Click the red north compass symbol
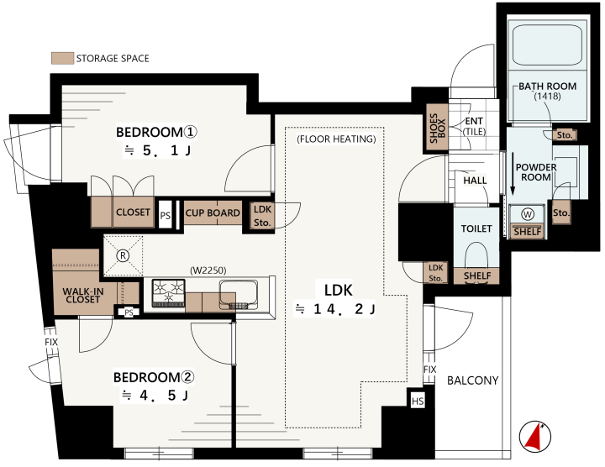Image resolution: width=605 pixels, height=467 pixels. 534,437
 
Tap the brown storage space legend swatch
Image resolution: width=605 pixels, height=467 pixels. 62,58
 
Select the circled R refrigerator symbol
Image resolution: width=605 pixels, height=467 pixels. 123,255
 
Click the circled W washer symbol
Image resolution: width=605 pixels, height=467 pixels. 528,214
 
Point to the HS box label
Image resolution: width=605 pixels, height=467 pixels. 418,401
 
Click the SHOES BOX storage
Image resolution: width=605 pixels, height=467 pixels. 437,128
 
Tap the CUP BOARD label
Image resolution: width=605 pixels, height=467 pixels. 213,213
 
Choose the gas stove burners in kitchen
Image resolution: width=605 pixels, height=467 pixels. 169,293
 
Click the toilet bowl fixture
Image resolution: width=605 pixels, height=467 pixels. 476,257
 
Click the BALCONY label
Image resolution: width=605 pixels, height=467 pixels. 472,380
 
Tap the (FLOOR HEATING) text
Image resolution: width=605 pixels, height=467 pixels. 336,139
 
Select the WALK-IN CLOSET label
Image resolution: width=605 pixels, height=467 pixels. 83,296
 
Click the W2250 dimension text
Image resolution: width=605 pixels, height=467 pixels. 208,270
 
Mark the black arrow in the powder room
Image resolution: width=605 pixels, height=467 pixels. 513,175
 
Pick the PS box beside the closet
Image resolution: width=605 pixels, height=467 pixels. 166,215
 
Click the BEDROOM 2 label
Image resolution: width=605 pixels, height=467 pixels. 154,377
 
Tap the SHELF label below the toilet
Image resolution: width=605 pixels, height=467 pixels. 477,275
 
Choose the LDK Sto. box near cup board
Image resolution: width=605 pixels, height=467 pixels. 262,216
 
